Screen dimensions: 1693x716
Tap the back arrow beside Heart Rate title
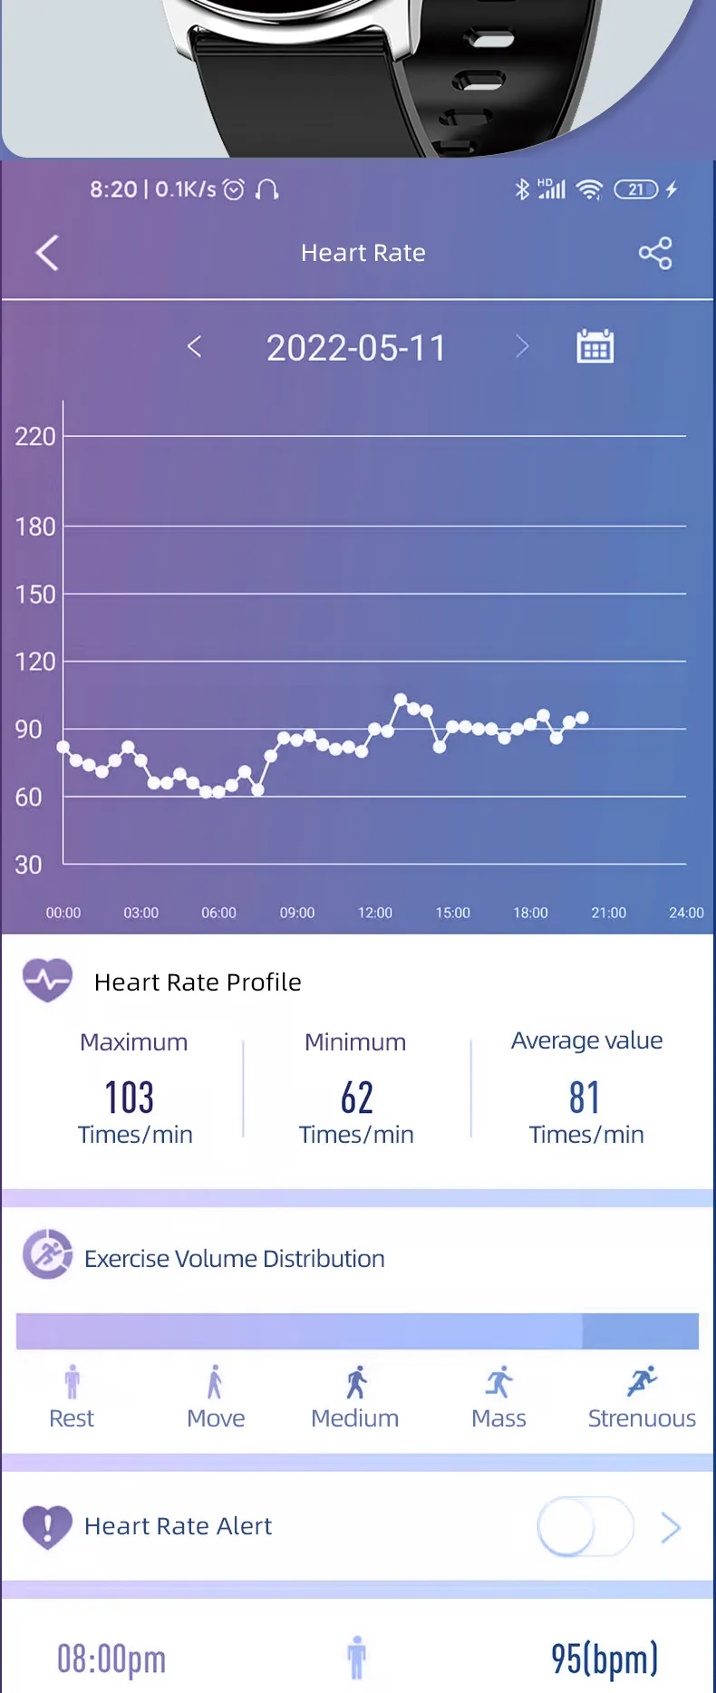[47, 253]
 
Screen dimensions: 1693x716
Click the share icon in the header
[654, 253]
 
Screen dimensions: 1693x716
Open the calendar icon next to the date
[595, 346]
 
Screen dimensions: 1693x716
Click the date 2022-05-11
[356, 348]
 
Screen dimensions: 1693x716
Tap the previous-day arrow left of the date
[194, 346]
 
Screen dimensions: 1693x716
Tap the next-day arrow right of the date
[522, 346]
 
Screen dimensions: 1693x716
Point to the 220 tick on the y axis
[35, 437]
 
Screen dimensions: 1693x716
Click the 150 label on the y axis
[35, 595]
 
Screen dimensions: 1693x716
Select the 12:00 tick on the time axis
[375, 913]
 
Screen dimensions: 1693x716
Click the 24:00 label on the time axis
[686, 913]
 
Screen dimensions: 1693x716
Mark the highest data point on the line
[401, 700]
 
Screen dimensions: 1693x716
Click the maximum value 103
[130, 1098]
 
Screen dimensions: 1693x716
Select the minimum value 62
[356, 1098]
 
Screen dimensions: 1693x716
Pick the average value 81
[585, 1098]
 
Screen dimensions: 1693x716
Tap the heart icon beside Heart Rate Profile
[47, 980]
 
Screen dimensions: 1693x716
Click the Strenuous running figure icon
[642, 1381]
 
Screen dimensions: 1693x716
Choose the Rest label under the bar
[72, 1418]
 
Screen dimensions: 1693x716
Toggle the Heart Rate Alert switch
[585, 1526]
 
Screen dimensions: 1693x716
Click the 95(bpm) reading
[605, 1659]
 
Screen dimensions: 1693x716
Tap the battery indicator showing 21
[636, 189]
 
